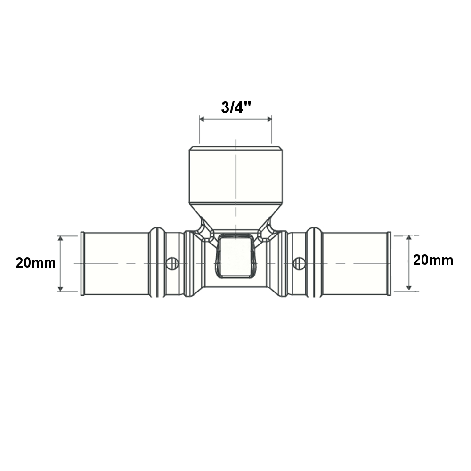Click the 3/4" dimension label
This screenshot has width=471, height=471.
(236, 107)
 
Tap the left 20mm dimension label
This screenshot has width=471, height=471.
(36, 263)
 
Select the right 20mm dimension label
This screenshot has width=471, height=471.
(433, 260)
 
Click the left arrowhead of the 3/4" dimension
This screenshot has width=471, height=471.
(202, 119)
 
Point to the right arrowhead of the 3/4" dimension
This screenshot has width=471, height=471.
(269, 119)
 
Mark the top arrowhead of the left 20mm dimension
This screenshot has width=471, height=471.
(60, 238)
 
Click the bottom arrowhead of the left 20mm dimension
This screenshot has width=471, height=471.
(60, 289)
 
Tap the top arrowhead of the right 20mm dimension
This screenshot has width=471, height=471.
(408, 238)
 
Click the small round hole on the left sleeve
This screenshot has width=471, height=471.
(172, 263)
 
